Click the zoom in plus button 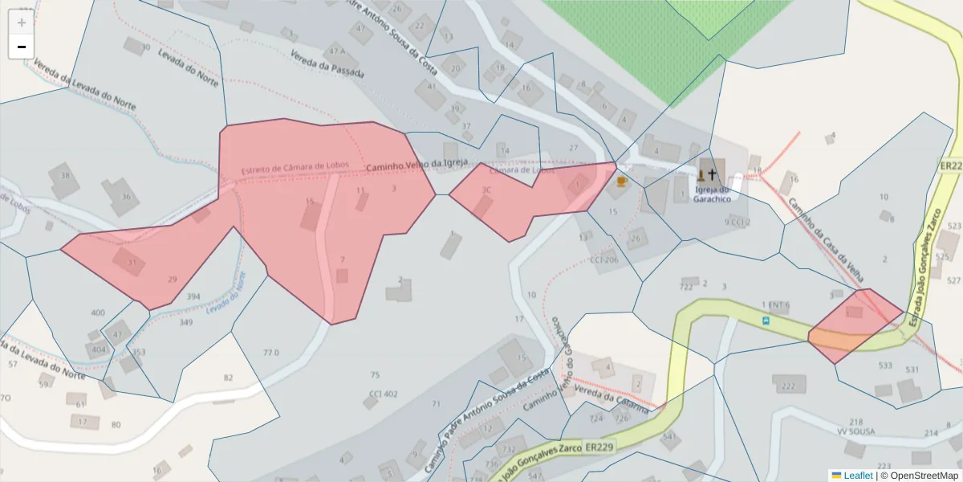(x=21, y=22)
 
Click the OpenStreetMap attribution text (x=919, y=476)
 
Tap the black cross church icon (x=711, y=174)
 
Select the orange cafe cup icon (x=620, y=182)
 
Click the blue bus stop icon (x=766, y=321)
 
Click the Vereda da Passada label (x=327, y=65)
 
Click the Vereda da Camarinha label (x=615, y=401)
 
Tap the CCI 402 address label (x=383, y=394)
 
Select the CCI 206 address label (x=604, y=260)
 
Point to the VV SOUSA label (x=855, y=431)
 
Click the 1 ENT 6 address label (x=775, y=305)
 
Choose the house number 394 (x=193, y=296)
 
